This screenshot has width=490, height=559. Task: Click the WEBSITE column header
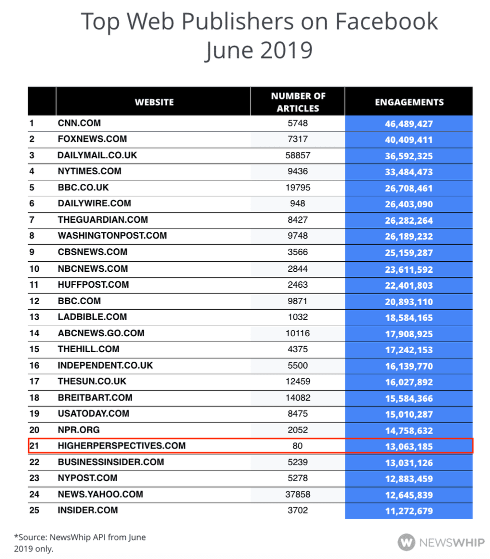click(x=154, y=102)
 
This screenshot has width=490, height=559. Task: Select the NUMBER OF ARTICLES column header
click(x=298, y=102)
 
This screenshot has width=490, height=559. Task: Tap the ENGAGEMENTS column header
click(x=409, y=102)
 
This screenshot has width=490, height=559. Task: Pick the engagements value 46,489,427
click(x=408, y=124)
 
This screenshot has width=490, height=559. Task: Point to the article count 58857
click(x=297, y=155)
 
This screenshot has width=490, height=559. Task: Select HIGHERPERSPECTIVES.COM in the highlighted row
click(x=121, y=446)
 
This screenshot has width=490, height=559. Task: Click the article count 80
click(x=297, y=446)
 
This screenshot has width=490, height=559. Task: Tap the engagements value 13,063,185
click(x=408, y=447)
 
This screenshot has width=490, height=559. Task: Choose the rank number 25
click(x=34, y=510)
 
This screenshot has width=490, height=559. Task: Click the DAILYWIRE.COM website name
click(x=94, y=203)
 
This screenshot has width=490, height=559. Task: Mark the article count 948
click(x=297, y=203)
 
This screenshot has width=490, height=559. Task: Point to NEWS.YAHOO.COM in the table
click(x=100, y=494)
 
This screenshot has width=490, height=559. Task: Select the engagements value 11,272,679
click(x=408, y=511)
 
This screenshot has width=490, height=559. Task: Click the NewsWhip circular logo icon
click(x=406, y=542)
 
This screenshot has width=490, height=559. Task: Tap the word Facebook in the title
click(x=386, y=21)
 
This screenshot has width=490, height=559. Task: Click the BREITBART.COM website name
click(x=95, y=398)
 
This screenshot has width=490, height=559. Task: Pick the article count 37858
click(x=297, y=494)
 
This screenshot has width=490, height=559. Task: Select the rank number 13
click(x=34, y=317)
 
